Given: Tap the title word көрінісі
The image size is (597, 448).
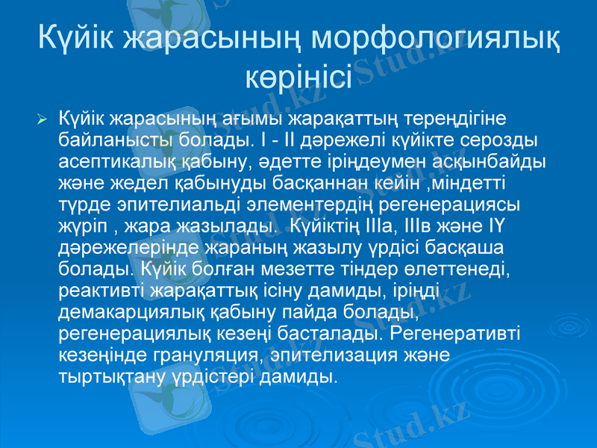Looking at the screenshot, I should [x=298, y=75].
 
